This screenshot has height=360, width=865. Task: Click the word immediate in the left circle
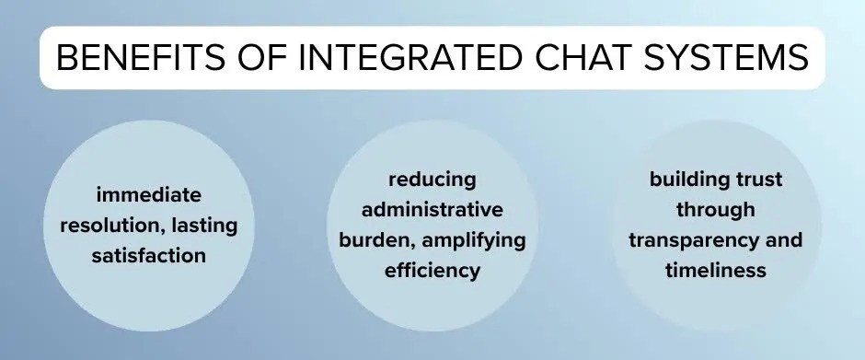pyautogui.click(x=148, y=195)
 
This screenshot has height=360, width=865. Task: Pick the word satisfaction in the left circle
pyautogui.click(x=148, y=256)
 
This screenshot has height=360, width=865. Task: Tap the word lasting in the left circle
pyautogui.click(x=210, y=226)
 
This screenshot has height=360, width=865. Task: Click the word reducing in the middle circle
pyautogui.click(x=432, y=179)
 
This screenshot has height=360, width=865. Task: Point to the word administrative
pyautogui.click(x=432, y=209)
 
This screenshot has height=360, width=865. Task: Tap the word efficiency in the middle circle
pyautogui.click(x=432, y=270)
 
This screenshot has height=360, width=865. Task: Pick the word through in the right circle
pyautogui.click(x=715, y=210)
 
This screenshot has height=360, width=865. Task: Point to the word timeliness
pyautogui.click(x=715, y=271)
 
